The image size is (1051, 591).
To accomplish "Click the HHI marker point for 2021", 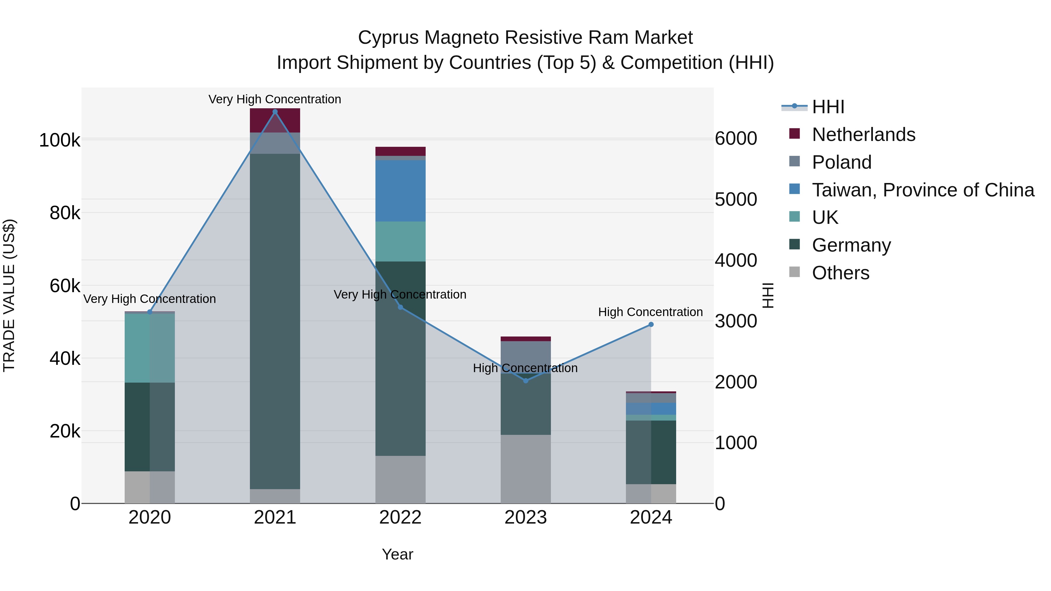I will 275,112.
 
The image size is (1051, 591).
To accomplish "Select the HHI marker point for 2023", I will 525,381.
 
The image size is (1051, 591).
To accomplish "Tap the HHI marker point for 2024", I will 651,325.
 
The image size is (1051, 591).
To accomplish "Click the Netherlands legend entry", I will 863,135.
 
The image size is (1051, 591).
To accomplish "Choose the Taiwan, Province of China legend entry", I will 923,190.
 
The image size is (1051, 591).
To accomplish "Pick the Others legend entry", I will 841,273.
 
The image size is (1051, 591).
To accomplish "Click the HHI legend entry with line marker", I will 828,107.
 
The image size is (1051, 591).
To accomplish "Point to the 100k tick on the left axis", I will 60,140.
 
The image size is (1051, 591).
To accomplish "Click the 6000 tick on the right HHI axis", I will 736,138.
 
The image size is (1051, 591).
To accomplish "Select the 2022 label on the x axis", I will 400,517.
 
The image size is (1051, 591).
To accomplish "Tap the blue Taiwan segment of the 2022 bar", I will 400,191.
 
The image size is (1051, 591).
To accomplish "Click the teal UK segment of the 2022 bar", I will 400,241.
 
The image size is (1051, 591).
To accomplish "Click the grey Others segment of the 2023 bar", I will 525,469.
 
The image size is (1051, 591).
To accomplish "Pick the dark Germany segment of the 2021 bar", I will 275,321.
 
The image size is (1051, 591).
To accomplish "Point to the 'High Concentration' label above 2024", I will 650,312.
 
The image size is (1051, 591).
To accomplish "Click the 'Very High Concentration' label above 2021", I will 275,99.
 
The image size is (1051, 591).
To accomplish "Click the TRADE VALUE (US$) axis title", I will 9,295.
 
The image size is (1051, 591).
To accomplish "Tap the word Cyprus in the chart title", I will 388,38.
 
